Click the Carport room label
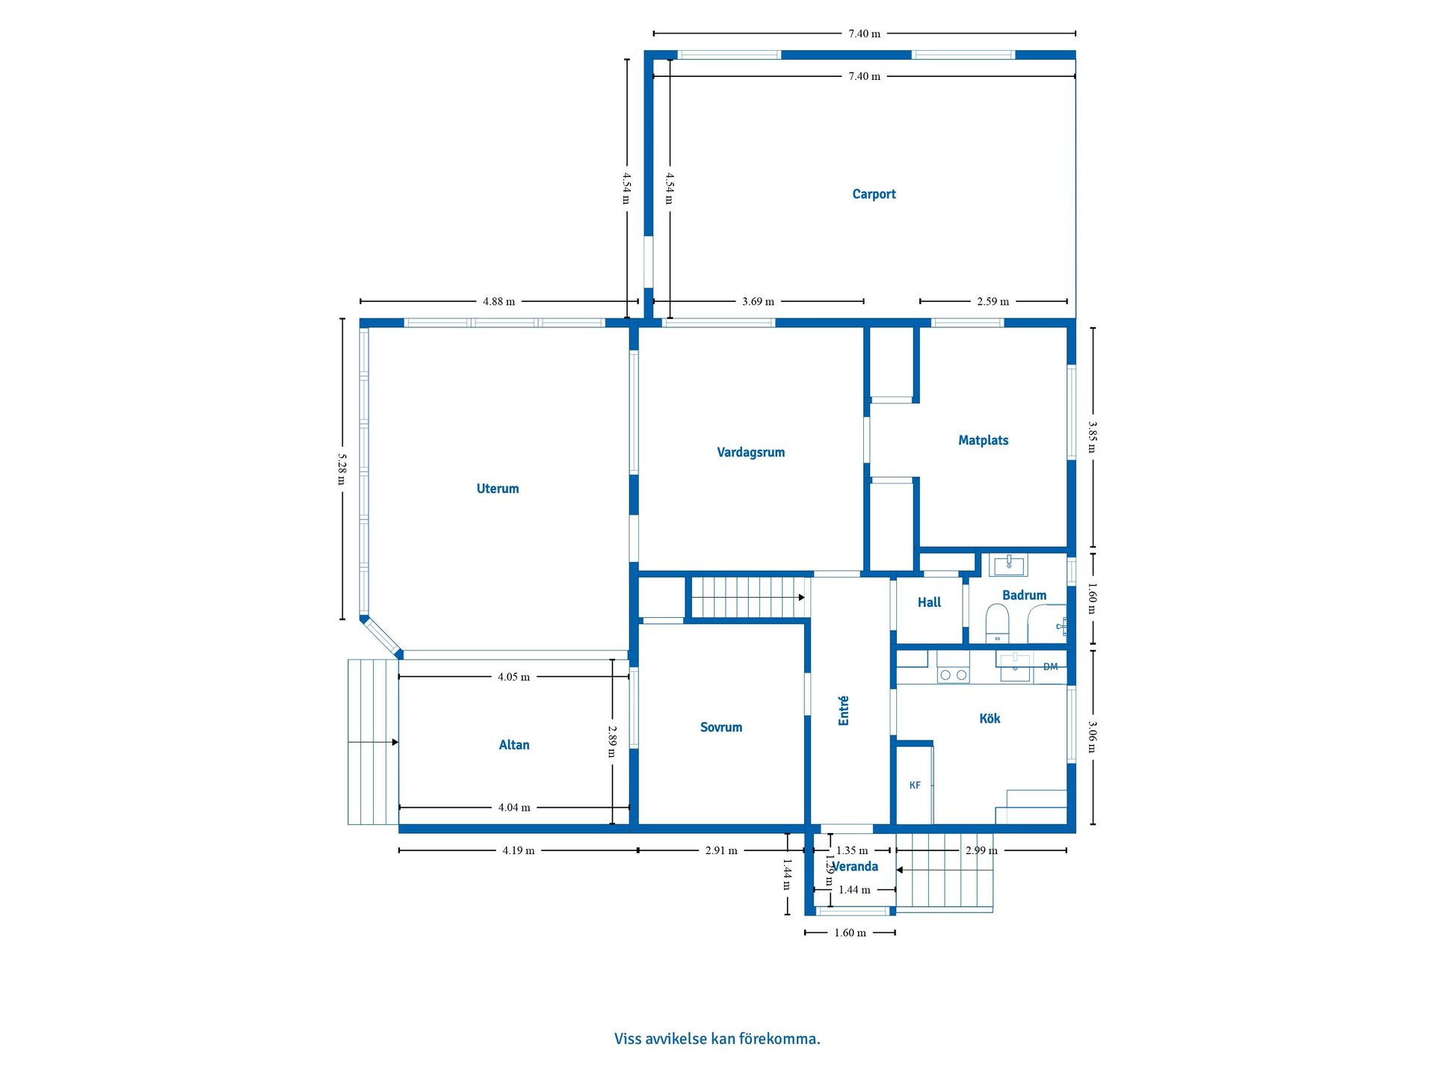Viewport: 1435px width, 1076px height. click(x=874, y=194)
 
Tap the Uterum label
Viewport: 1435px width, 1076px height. click(x=498, y=489)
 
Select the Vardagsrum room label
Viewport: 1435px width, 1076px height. click(x=751, y=452)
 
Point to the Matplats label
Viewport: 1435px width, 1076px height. click(x=984, y=440)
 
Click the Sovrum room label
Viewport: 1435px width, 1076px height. click(x=721, y=727)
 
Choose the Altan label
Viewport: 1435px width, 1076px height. click(x=514, y=745)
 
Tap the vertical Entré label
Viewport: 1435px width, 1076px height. click(x=844, y=711)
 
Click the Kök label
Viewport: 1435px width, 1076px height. click(x=990, y=718)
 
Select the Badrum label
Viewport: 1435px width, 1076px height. click(x=1024, y=596)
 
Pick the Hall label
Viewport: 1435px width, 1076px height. click(x=929, y=602)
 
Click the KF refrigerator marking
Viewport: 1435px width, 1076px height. click(x=915, y=785)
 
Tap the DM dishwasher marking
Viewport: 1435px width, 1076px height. click(x=1051, y=667)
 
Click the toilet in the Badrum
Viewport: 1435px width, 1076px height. click(x=997, y=623)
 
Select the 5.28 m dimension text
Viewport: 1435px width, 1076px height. click(x=342, y=469)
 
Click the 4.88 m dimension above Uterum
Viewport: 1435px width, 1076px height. click(x=499, y=302)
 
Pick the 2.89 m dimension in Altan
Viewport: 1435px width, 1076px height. click(x=612, y=741)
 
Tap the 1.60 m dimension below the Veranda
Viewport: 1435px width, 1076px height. click(x=850, y=933)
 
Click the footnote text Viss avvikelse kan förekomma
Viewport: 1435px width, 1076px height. click(x=717, y=1039)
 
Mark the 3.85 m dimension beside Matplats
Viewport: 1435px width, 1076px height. click(x=1092, y=437)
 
